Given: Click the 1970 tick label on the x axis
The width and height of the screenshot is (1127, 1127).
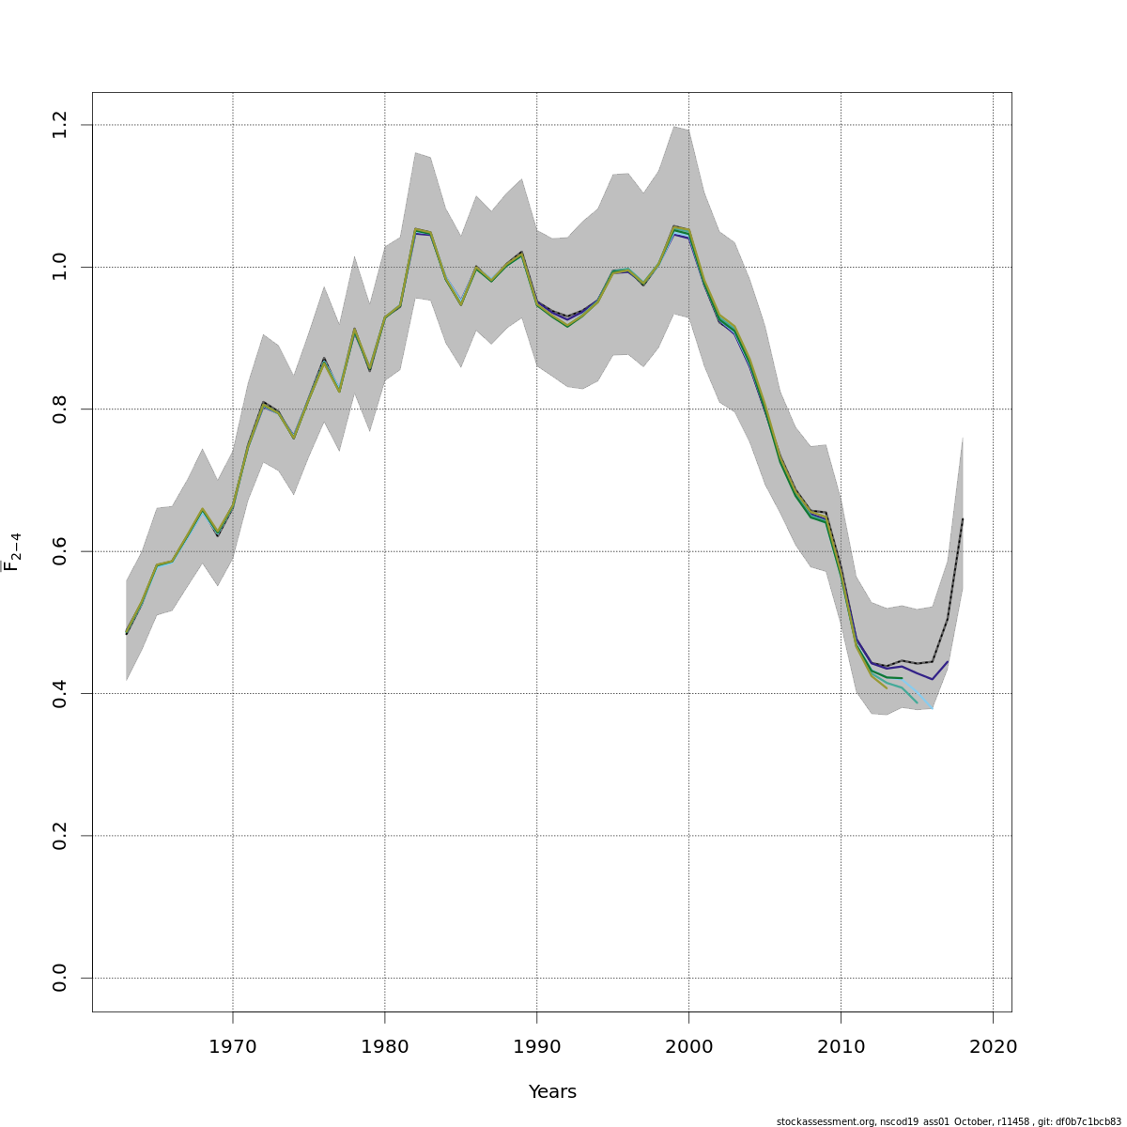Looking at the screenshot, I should [x=233, y=1047].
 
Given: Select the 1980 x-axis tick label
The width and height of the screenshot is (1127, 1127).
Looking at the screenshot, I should [x=385, y=1047].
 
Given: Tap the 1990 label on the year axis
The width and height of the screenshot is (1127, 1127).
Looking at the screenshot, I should [x=537, y=1047].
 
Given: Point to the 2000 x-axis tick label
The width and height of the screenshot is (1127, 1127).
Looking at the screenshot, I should [x=689, y=1047].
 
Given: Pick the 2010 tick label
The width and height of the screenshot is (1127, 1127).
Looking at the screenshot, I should [x=841, y=1047].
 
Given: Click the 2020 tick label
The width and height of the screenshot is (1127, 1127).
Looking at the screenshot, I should [x=993, y=1047].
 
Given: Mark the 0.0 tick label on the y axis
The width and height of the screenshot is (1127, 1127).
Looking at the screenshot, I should [x=60, y=978].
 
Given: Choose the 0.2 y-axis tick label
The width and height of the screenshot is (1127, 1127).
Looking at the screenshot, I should [x=60, y=836].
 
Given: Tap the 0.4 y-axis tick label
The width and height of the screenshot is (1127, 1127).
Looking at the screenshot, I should [x=60, y=693].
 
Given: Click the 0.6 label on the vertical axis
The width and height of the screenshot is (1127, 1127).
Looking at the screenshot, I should [x=60, y=551].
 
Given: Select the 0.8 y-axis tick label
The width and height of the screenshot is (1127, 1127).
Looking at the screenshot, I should [x=60, y=409].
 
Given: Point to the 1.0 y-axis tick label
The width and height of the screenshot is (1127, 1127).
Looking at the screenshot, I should [x=60, y=267].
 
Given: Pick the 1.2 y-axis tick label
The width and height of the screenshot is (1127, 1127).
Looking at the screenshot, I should [x=60, y=125].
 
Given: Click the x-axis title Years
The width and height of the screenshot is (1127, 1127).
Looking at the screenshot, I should [x=552, y=1092].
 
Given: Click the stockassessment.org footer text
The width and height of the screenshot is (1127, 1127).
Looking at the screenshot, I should [x=949, y=1121].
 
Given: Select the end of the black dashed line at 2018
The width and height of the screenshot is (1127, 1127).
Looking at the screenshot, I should [x=963, y=518].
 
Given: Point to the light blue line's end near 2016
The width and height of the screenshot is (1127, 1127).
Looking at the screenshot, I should [x=932, y=708].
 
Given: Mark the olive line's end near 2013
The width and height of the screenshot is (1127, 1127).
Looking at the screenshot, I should [x=887, y=688].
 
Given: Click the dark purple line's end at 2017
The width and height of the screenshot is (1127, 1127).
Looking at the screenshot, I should [x=948, y=661].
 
